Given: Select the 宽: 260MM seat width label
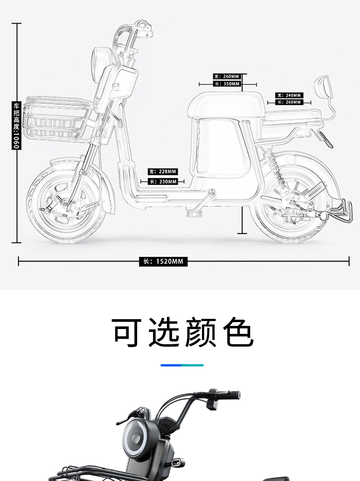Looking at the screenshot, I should point(227,76).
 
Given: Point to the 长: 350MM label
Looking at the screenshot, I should point(227,84).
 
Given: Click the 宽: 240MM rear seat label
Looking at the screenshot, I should point(289,95).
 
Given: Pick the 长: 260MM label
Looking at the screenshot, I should point(289,102).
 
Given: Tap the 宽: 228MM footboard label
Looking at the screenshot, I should point(163,171).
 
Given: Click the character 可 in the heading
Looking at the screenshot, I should point(127,332).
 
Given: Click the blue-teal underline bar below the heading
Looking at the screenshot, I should point(182,365).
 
